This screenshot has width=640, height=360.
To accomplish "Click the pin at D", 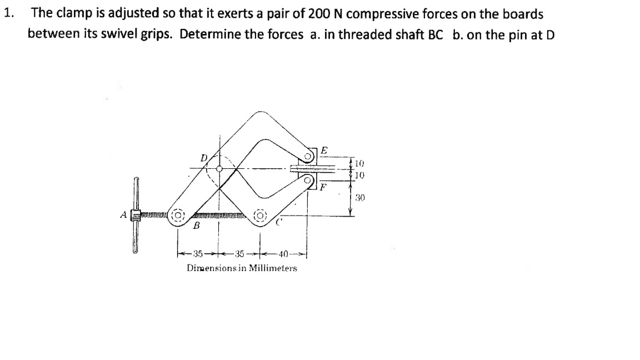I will (219, 168).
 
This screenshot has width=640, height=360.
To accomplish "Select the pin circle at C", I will (260, 215).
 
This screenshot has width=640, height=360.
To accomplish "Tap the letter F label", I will (323, 186).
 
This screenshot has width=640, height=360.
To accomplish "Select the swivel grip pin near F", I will (308, 179).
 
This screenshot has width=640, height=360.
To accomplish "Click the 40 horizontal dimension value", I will (283, 254).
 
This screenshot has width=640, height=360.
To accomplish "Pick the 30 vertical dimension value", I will (359, 197).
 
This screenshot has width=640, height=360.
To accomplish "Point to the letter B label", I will (195, 227).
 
